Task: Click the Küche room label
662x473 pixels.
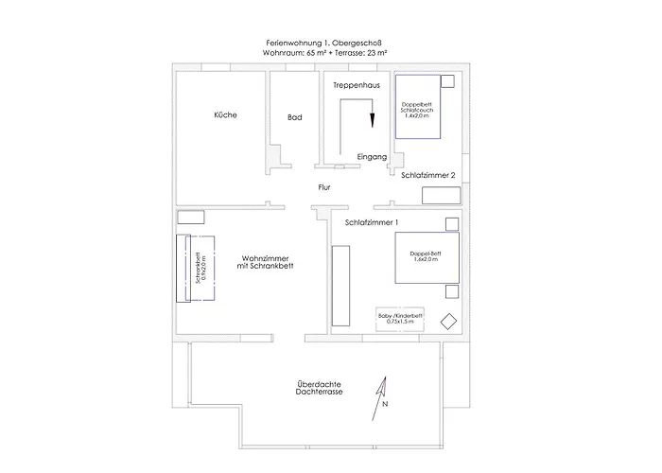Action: click(225, 115)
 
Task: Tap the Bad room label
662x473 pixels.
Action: click(294, 118)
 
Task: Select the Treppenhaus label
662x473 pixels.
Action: click(356, 86)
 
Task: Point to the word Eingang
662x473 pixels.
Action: click(373, 156)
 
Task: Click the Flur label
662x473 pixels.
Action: click(324, 188)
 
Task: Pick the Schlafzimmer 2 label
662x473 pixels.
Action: click(428, 176)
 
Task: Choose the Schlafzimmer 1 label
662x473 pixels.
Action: click(372, 222)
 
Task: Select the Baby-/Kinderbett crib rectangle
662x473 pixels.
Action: click(399, 319)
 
